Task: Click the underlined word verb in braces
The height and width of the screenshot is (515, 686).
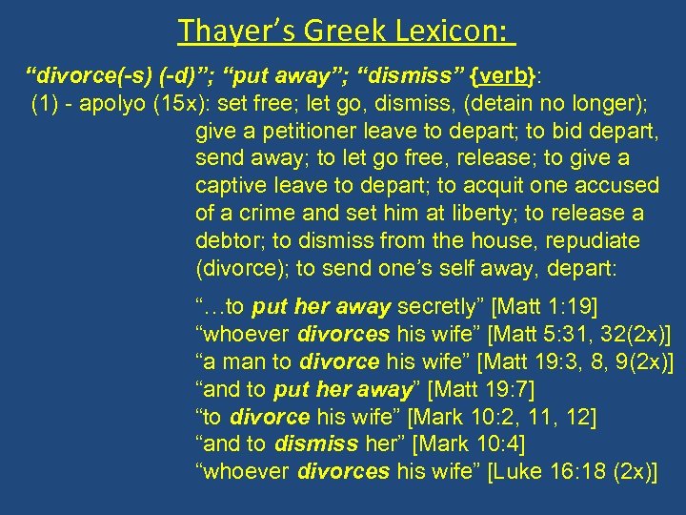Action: click(508, 75)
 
